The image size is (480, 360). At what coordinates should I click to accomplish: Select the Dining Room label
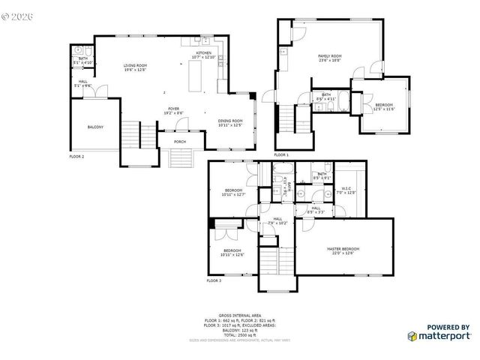pos(230,123)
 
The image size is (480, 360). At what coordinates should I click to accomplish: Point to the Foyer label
pos(173,109)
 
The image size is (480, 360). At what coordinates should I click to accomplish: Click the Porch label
pos(180,142)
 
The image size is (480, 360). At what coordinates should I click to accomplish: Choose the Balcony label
pos(95,127)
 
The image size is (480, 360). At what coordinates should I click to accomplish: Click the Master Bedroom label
pos(343,250)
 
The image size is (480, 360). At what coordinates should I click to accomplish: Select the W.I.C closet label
pos(346,190)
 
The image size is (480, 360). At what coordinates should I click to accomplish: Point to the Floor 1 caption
pos(281,154)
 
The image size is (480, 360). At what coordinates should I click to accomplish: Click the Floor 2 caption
pos(76,157)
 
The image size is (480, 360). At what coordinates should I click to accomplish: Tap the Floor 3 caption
pos(214,280)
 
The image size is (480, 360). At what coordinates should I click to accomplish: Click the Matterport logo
pos(439,335)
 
